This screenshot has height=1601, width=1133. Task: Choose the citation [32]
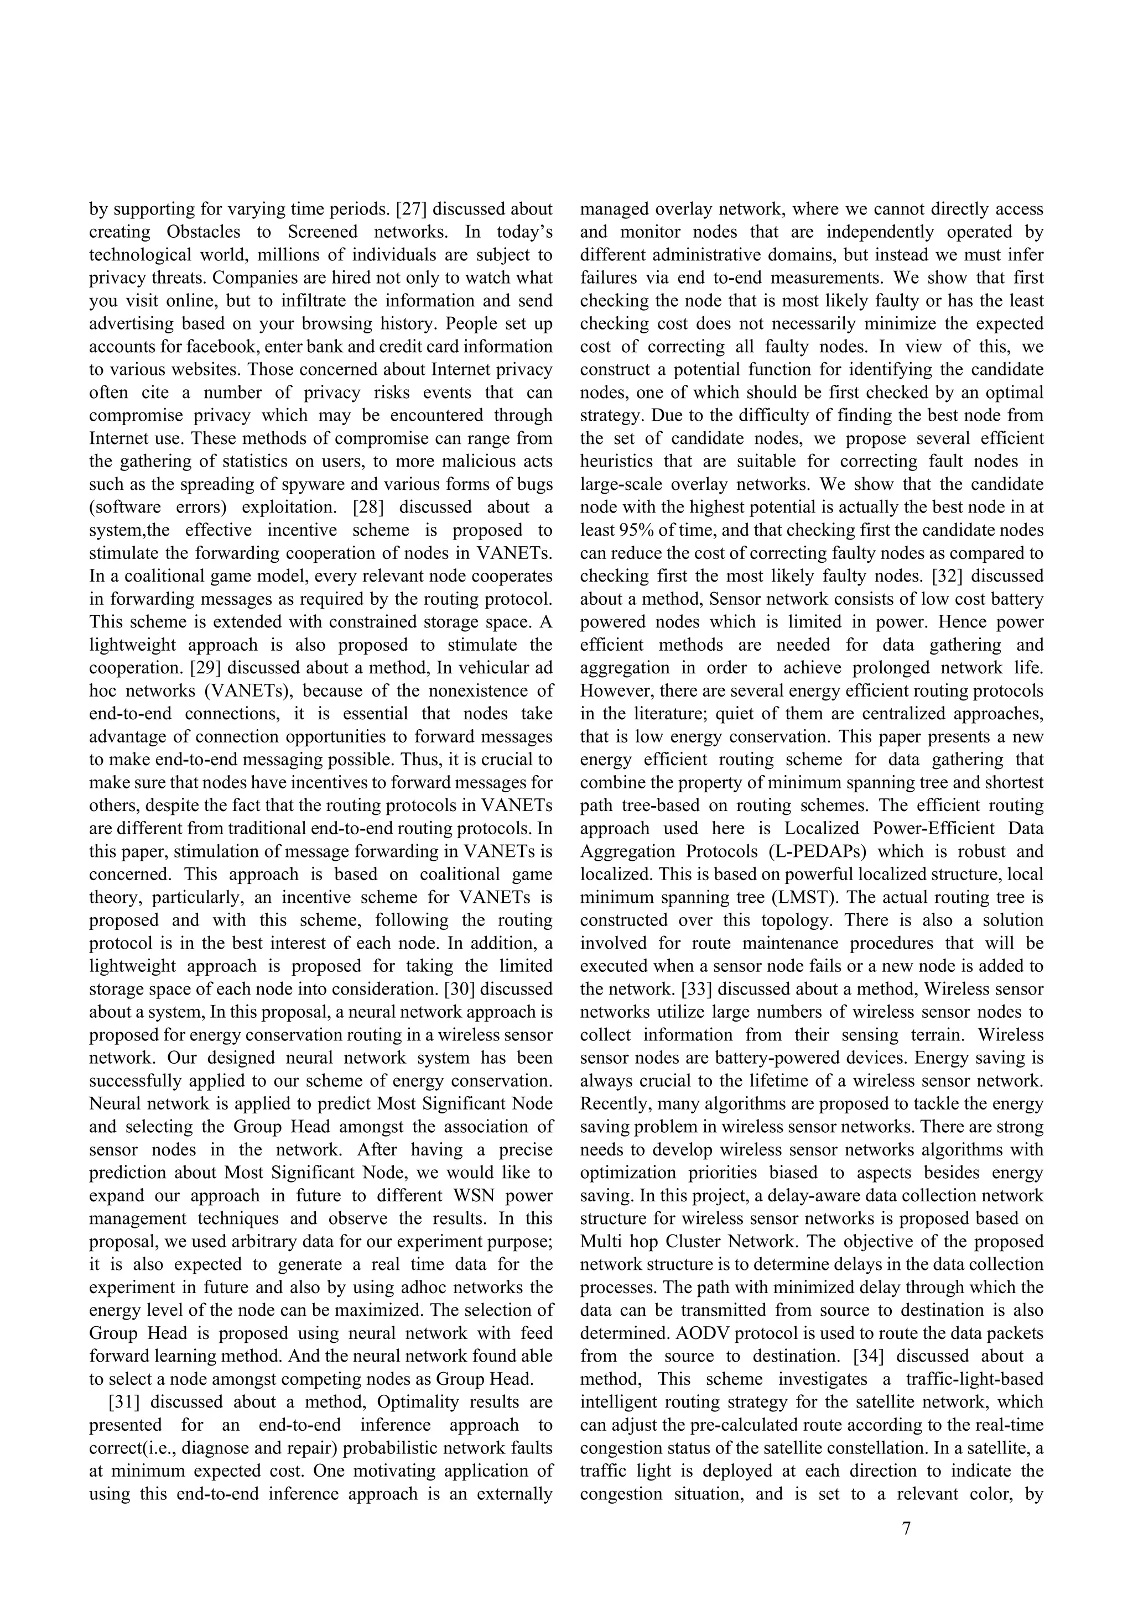tap(948, 576)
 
